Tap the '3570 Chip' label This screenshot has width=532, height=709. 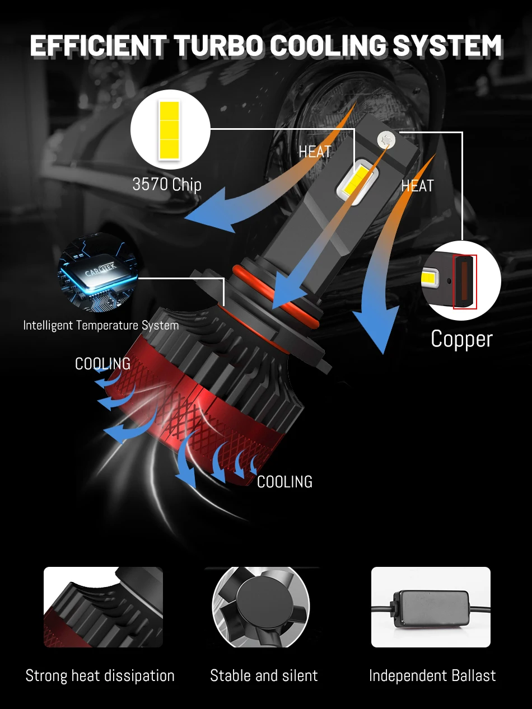(x=167, y=184)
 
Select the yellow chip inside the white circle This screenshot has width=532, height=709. (x=169, y=129)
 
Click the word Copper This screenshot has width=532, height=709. (x=461, y=339)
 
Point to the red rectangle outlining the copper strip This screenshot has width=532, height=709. (x=465, y=281)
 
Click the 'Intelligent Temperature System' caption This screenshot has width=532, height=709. (x=101, y=325)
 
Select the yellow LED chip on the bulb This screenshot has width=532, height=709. (x=356, y=181)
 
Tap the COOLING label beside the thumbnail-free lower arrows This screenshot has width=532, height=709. (x=284, y=482)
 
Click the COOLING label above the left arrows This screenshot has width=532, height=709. (x=102, y=364)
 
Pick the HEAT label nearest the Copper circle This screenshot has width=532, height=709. (x=417, y=186)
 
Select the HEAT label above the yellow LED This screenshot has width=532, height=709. (x=315, y=152)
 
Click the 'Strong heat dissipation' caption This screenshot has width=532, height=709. (x=100, y=675)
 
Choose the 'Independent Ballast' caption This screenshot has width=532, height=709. (x=432, y=675)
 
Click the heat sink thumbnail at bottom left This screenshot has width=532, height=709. (x=103, y=607)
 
